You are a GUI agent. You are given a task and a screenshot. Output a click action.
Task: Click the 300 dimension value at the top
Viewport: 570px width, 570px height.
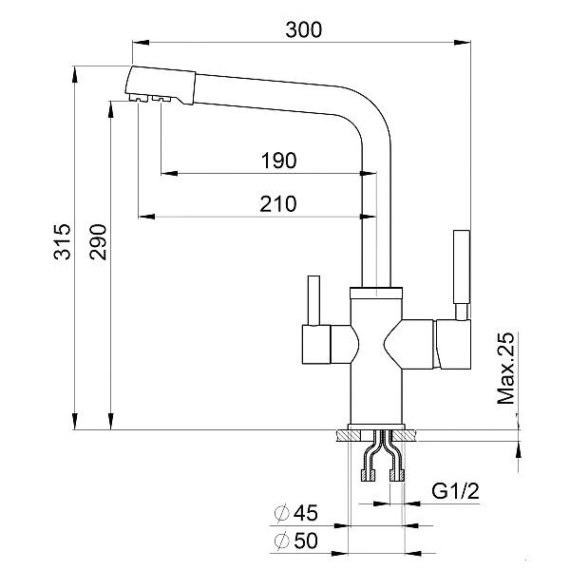(x=304, y=29)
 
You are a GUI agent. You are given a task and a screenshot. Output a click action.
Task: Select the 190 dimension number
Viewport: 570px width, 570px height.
(x=278, y=161)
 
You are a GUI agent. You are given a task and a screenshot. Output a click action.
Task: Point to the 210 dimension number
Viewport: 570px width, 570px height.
(x=278, y=204)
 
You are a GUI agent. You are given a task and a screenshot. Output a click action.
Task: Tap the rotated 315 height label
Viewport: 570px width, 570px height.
(x=62, y=241)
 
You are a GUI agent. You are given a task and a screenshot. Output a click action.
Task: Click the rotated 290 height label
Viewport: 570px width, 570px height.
(x=98, y=241)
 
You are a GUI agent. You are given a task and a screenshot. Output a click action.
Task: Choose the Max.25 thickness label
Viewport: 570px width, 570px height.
(x=506, y=368)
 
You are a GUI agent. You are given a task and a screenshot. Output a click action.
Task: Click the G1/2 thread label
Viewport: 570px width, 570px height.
(x=455, y=491)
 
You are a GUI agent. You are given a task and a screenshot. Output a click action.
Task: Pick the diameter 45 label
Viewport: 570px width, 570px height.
(x=295, y=513)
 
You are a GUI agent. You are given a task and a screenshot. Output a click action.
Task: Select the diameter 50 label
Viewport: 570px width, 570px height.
(x=295, y=541)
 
